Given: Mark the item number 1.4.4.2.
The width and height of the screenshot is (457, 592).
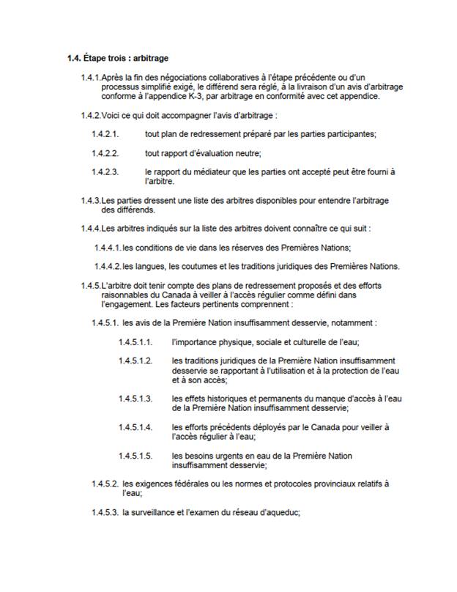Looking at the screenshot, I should pyautogui.click(x=107, y=266).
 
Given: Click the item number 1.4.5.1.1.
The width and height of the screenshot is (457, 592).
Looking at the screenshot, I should pyautogui.click(x=135, y=341).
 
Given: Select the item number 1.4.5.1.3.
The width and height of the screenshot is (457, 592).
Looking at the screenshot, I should pyautogui.click(x=135, y=398).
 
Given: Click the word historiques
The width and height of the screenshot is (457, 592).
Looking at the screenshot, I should pyautogui.click(x=226, y=398).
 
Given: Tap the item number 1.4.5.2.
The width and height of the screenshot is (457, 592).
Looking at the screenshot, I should pyautogui.click(x=105, y=484).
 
